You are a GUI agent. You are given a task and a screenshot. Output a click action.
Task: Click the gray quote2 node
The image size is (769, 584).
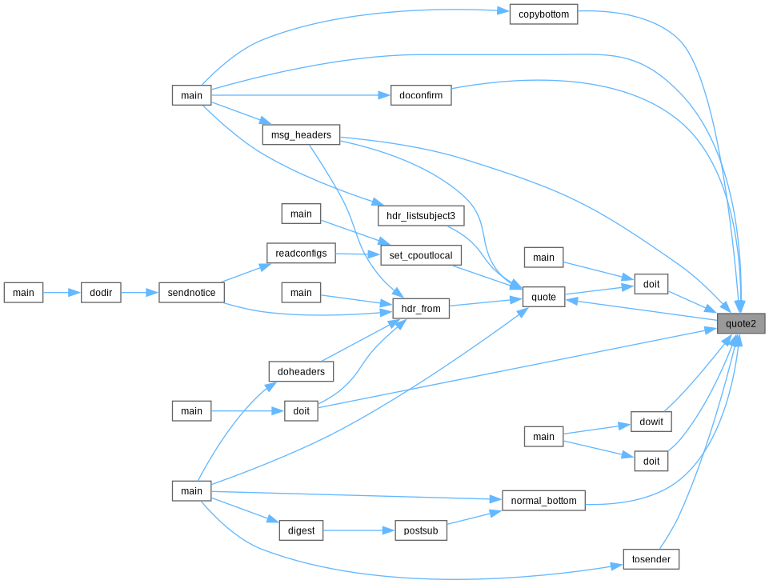point(740,324)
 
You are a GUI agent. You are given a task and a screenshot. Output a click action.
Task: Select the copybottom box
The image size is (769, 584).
point(543,14)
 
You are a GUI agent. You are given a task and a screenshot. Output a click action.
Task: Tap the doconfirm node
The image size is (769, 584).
point(421,95)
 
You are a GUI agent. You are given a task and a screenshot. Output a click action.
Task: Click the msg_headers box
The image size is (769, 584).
point(301,135)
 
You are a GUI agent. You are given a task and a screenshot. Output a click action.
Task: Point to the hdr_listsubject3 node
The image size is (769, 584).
point(421,216)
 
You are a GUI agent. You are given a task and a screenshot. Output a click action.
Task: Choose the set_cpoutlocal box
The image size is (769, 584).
point(421,255)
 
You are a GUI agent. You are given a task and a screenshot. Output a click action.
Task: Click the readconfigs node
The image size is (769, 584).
point(301,253)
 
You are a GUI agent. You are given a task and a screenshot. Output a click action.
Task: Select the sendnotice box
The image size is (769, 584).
point(191,293)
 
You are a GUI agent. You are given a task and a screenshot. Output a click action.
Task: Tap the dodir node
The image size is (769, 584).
point(101,293)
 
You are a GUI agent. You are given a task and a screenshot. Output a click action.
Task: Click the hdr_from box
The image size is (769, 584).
point(421,309)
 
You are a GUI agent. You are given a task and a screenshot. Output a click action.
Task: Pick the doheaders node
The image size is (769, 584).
point(301,372)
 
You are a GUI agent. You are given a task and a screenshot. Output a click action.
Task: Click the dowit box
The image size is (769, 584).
point(651,422)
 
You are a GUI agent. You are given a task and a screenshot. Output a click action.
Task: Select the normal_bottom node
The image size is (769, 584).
point(543,501)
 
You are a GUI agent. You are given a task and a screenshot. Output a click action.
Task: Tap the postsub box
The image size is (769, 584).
point(421,530)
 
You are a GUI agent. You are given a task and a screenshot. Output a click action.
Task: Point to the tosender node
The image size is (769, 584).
point(651,559)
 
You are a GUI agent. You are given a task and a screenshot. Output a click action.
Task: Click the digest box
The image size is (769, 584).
point(301,530)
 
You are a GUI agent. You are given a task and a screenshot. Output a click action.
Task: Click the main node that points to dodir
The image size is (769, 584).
point(23,293)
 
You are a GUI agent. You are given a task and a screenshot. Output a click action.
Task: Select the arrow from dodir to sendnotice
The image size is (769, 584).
point(140,293)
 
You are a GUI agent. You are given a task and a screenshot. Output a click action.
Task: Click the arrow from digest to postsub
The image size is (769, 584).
point(359,530)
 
